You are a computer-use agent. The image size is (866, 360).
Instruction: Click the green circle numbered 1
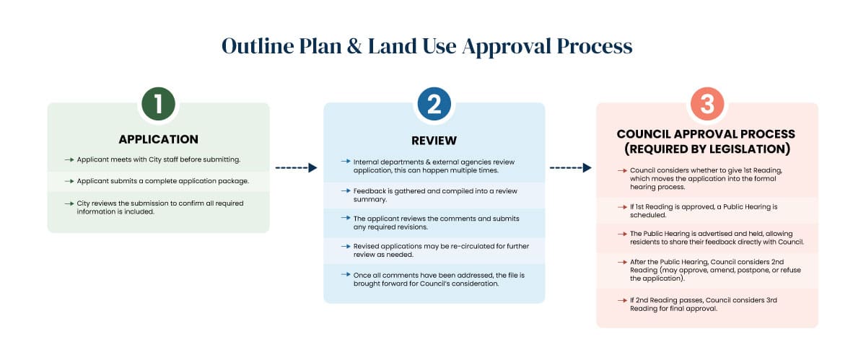pyautogui.click(x=158, y=105)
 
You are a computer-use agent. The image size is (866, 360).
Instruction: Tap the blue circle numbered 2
pyautogui.click(x=434, y=105)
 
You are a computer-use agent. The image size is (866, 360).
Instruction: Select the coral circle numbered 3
pyautogui.click(x=707, y=105)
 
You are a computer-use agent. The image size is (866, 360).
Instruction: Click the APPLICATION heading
pyautogui.click(x=158, y=139)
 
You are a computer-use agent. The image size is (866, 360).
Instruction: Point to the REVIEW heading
pyautogui.click(x=434, y=140)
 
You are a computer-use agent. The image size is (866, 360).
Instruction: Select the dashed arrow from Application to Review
pyautogui.click(x=296, y=167)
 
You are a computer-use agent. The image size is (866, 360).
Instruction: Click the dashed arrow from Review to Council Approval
pyautogui.click(x=570, y=167)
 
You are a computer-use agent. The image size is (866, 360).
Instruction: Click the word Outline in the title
pyautogui.click(x=258, y=46)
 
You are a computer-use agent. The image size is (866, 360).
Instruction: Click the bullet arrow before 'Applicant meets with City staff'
pyautogui.click(x=69, y=159)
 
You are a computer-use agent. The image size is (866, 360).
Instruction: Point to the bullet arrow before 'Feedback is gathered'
pyautogui.click(x=346, y=189)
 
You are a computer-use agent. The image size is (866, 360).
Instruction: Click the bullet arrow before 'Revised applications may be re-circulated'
pyautogui.click(x=346, y=246)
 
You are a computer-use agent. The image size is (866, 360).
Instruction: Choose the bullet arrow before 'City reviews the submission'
pyautogui.click(x=69, y=203)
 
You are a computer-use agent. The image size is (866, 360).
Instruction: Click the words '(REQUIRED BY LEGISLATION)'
pyautogui.click(x=707, y=149)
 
